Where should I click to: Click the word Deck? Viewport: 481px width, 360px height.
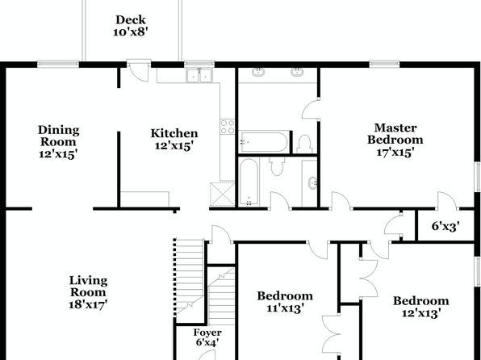click(131, 20)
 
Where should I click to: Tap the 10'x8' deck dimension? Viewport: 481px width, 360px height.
click(131, 31)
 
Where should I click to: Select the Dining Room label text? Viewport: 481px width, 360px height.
click(59, 136)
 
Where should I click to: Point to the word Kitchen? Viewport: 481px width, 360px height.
click(174, 133)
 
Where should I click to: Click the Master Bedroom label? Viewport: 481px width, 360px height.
click(395, 133)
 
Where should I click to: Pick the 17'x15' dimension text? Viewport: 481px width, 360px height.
click(395, 152)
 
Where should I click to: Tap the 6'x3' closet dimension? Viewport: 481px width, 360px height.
click(445, 227)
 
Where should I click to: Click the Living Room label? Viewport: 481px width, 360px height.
click(88, 286)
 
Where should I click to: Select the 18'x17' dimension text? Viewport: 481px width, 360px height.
click(88, 304)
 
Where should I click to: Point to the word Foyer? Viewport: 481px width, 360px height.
click(207, 333)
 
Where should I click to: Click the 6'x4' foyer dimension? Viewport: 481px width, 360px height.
click(207, 342)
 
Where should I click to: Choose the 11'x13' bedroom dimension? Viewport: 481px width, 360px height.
click(285, 308)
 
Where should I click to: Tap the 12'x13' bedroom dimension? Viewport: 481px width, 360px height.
click(421, 312)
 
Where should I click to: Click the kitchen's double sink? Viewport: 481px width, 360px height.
click(199, 75)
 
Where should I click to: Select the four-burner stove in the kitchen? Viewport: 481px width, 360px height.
click(228, 127)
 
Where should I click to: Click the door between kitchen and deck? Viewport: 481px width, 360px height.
click(139, 71)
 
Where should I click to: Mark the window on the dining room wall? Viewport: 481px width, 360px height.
click(58, 64)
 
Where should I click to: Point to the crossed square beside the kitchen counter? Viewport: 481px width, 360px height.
click(223, 195)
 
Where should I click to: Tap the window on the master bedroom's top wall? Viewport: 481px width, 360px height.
click(384, 64)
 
